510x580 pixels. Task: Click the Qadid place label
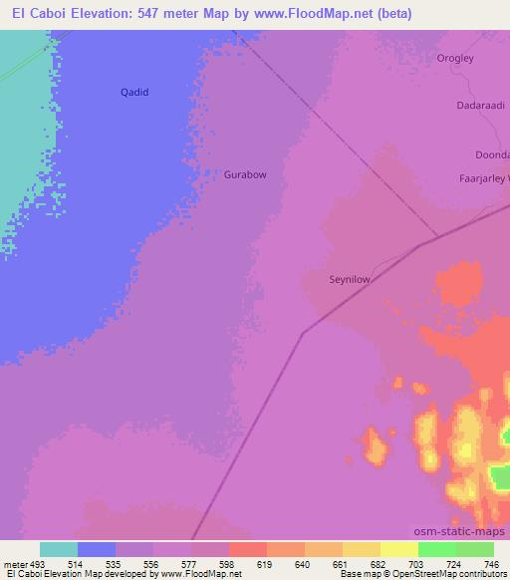134,92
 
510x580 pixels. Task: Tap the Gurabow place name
245,174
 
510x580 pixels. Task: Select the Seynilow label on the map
350,280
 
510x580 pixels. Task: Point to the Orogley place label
455,58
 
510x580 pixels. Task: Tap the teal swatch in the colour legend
59,549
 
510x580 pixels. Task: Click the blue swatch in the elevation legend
97,549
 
